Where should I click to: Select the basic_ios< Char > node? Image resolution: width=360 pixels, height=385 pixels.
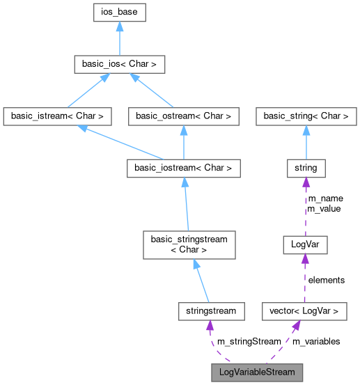click(120, 65)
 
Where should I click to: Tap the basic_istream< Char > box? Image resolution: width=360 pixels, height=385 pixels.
click(58, 116)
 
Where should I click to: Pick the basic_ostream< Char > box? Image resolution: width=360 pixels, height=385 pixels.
click(183, 116)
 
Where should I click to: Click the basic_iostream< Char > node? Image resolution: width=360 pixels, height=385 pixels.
click(183, 168)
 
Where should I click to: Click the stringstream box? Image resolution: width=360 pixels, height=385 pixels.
click(211, 311)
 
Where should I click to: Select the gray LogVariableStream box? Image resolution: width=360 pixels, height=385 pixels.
click(257, 372)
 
